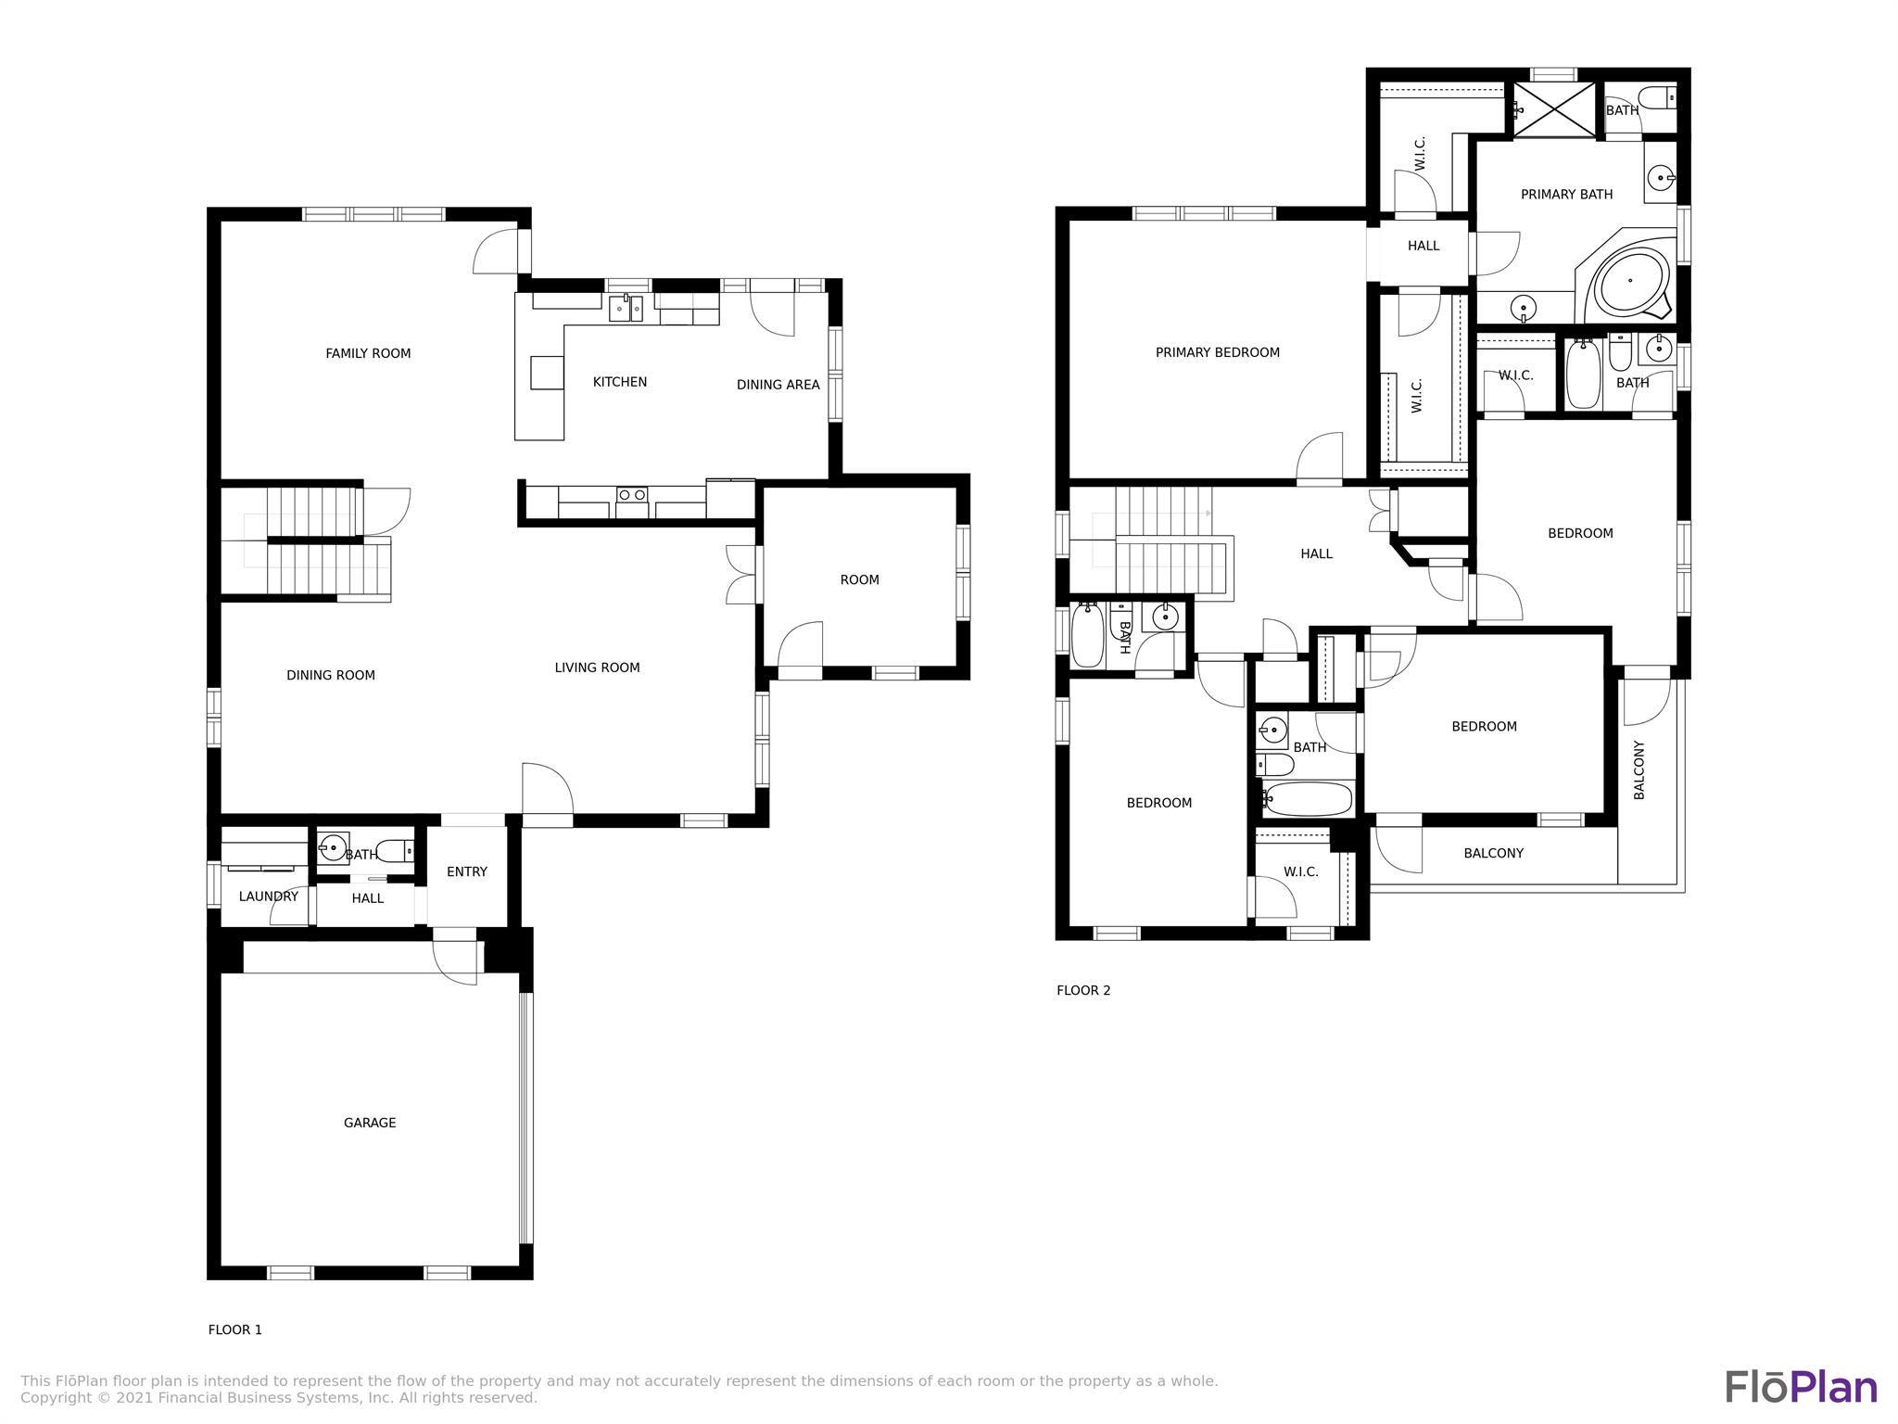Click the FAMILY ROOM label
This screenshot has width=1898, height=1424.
click(368, 353)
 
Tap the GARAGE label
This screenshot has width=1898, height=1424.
click(370, 1123)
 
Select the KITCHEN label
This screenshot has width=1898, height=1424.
click(620, 382)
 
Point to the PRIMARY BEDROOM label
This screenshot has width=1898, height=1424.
click(1218, 352)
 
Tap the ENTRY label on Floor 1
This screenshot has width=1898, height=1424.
click(467, 871)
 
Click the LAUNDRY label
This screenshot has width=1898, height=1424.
click(269, 896)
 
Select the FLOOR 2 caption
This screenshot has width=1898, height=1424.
click(1083, 990)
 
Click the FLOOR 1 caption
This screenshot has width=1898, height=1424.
click(235, 1329)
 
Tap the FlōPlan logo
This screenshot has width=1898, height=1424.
click(1801, 1386)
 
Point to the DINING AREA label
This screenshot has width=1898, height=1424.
click(778, 385)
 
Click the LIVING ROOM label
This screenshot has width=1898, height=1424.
click(598, 667)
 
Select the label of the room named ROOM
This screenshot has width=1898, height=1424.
click(860, 579)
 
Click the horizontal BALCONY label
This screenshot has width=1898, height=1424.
click(1494, 853)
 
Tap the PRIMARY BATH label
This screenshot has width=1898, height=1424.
click(1567, 194)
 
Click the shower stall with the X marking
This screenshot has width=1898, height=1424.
click(1553, 110)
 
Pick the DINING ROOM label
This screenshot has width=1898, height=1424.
click(331, 675)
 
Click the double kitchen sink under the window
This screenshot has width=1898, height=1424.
click(626, 308)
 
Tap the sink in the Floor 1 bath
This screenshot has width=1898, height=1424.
click(333, 847)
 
